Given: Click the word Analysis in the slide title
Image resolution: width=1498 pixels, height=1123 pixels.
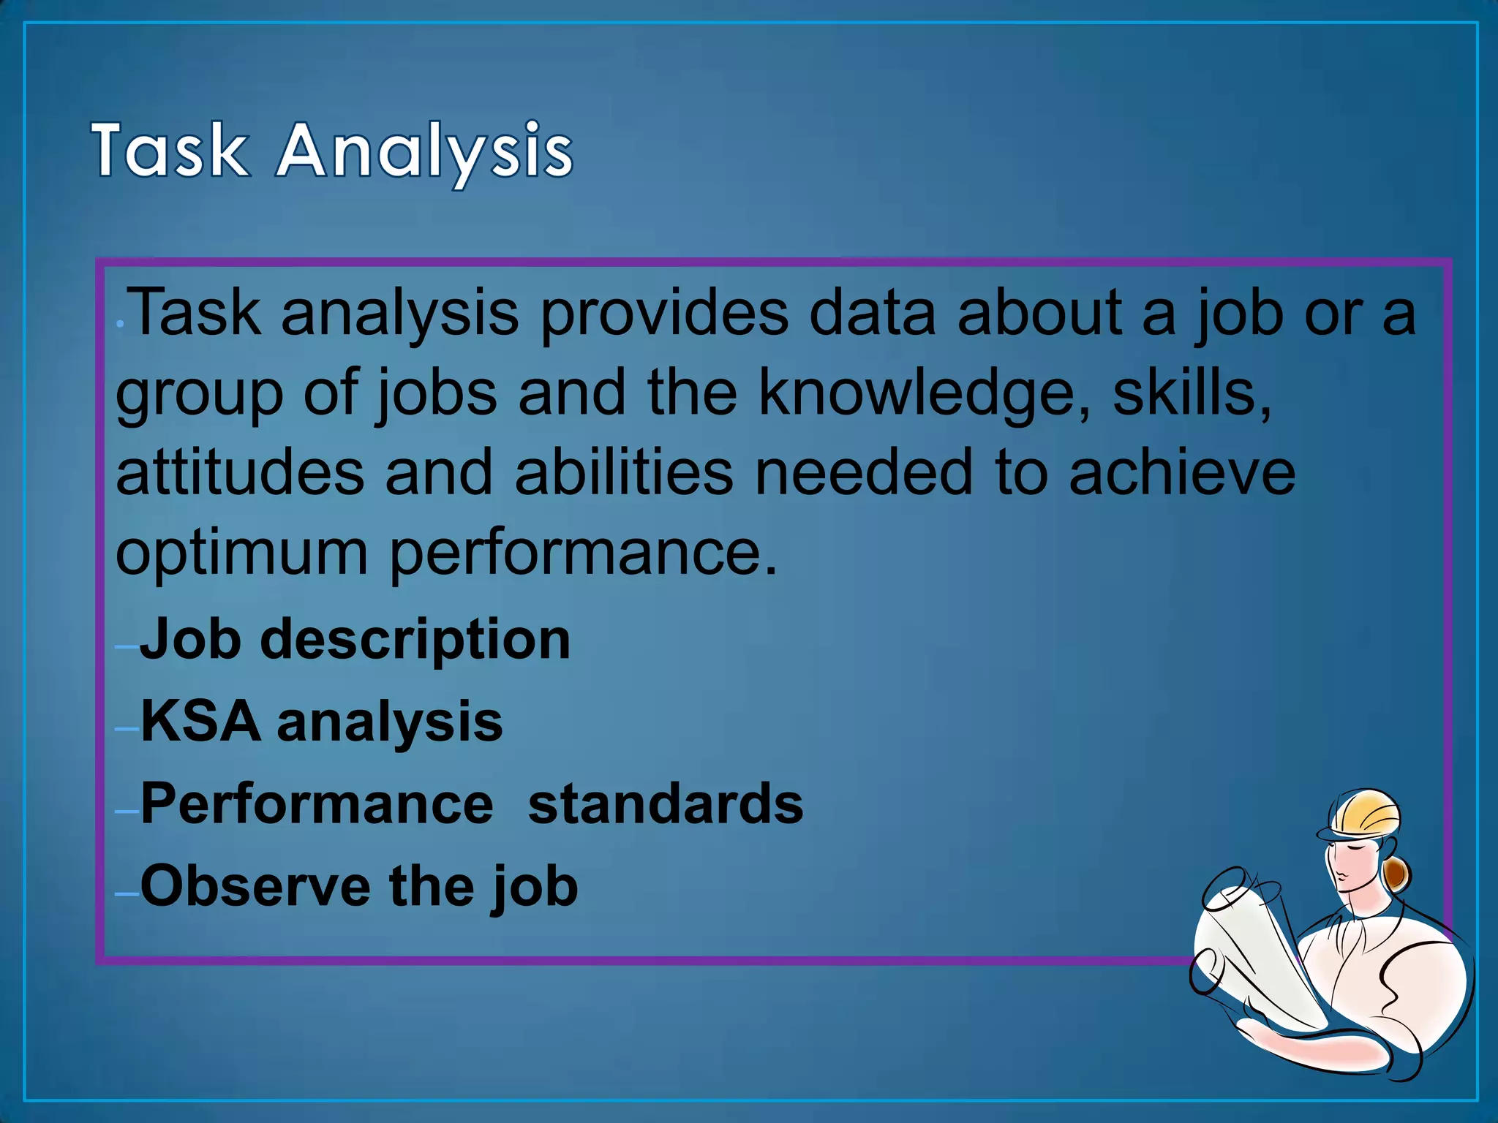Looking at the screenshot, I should click(424, 152).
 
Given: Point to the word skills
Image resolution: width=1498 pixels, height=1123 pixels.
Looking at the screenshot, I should click(1192, 393).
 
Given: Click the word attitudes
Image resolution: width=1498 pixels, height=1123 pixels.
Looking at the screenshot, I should click(240, 473).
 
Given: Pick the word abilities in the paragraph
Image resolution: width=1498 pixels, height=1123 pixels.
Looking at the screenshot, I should click(623, 473).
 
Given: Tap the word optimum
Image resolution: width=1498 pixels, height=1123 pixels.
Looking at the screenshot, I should click(241, 554).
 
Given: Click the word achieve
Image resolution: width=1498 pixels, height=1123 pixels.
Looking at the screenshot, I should click(1182, 473).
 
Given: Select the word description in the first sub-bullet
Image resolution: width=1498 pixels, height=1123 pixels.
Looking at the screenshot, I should click(415, 640).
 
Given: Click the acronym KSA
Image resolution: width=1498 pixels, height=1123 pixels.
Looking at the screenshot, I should click(200, 722).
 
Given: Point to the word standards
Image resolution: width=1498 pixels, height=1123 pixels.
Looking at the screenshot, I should click(666, 804).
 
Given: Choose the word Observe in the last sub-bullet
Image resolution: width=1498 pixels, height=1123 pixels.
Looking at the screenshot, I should click(255, 886).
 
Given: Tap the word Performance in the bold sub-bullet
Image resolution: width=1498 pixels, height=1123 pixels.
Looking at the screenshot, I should click(317, 804).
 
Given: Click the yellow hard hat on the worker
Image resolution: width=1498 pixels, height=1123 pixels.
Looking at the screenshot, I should click(1364, 814).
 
